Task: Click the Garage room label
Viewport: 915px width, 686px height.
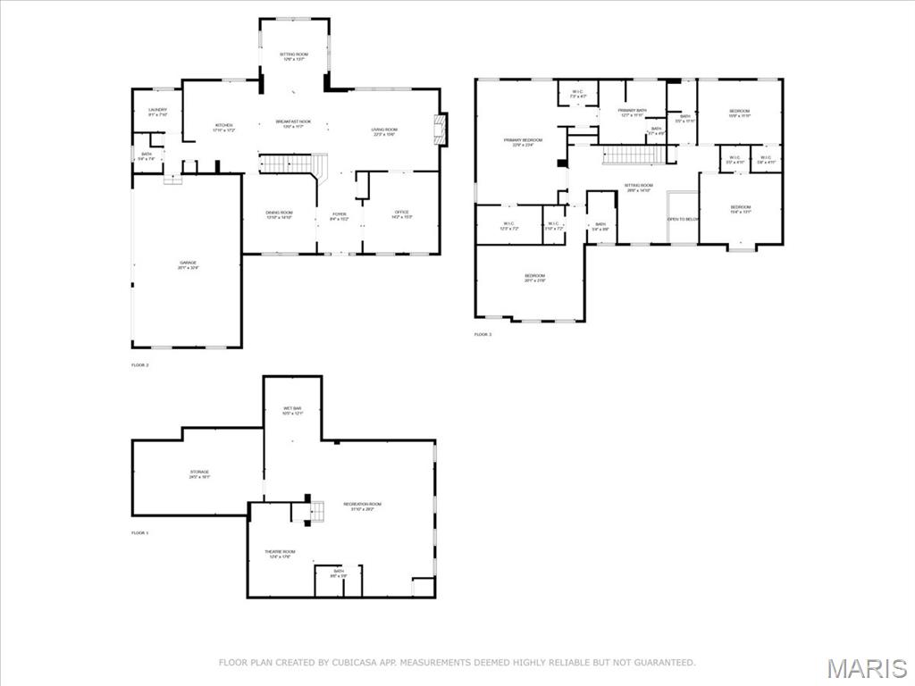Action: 188,264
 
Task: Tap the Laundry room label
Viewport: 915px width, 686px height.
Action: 157,111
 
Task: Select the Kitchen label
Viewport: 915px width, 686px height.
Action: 223,126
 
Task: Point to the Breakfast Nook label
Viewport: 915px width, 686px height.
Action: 293,121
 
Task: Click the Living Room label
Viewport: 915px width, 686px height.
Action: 384,130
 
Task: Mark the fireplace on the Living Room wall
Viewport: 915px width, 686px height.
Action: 440,129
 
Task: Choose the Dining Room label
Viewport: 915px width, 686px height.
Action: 279,213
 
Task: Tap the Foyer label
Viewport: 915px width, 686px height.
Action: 340,214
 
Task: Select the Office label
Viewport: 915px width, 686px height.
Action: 402,213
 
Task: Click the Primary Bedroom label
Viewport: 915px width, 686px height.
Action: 523,141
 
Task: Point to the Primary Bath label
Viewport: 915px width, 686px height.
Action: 633,111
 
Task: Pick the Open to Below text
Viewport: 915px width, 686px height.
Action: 684,219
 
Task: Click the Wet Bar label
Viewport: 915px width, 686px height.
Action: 292,409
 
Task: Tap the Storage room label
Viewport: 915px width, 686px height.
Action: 198,473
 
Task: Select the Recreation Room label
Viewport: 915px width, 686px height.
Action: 363,505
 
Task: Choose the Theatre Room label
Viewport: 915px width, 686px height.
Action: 280,552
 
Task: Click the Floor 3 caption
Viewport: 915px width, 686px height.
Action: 483,335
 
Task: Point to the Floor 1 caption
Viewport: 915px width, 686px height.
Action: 139,533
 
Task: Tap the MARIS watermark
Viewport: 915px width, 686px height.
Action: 866,666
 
